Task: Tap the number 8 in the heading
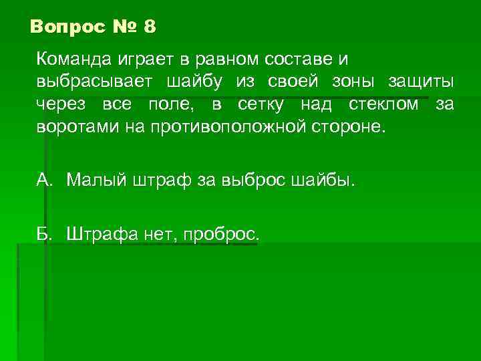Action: pyautogui.click(x=149, y=27)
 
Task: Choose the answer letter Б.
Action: pyautogui.click(x=43, y=233)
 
